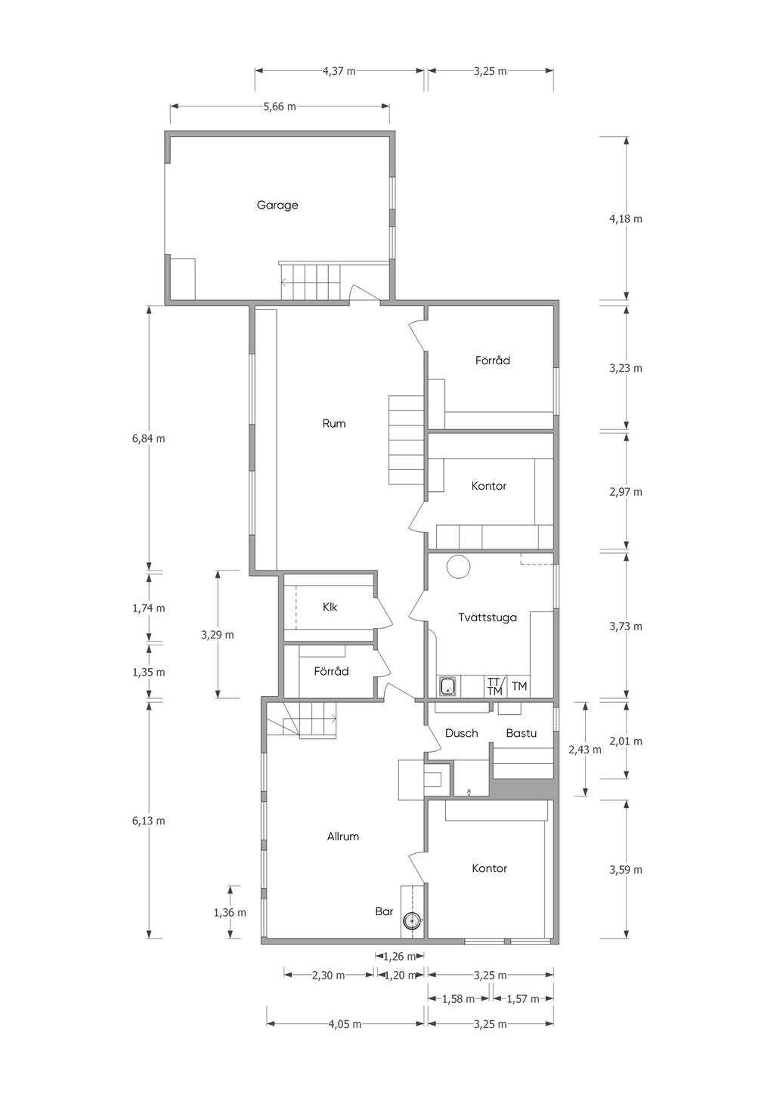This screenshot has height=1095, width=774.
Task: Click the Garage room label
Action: pyautogui.click(x=277, y=205)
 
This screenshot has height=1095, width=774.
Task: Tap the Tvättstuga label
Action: pyautogui.click(x=488, y=617)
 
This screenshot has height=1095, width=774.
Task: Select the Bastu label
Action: pyautogui.click(x=522, y=733)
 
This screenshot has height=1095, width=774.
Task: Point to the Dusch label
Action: pyautogui.click(x=462, y=733)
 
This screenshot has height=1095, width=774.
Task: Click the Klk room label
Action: pyautogui.click(x=330, y=607)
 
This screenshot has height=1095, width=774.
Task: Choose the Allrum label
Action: pyautogui.click(x=342, y=836)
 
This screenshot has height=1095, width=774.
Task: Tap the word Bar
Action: pyautogui.click(x=384, y=911)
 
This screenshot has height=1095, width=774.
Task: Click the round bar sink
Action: pyautogui.click(x=412, y=921)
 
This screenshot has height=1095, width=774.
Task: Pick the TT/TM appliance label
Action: pyautogui.click(x=495, y=686)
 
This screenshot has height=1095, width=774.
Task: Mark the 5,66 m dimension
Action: pyautogui.click(x=280, y=107)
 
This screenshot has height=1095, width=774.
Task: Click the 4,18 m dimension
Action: pyautogui.click(x=626, y=218)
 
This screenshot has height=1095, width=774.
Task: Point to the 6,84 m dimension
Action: pyautogui.click(x=148, y=438)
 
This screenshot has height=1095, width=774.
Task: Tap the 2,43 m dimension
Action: pyautogui.click(x=585, y=749)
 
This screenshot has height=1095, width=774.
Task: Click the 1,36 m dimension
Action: pyautogui.click(x=230, y=911)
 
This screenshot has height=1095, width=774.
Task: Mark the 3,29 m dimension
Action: pyautogui.click(x=218, y=635)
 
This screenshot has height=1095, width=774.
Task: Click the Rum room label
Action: pyautogui.click(x=334, y=423)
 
